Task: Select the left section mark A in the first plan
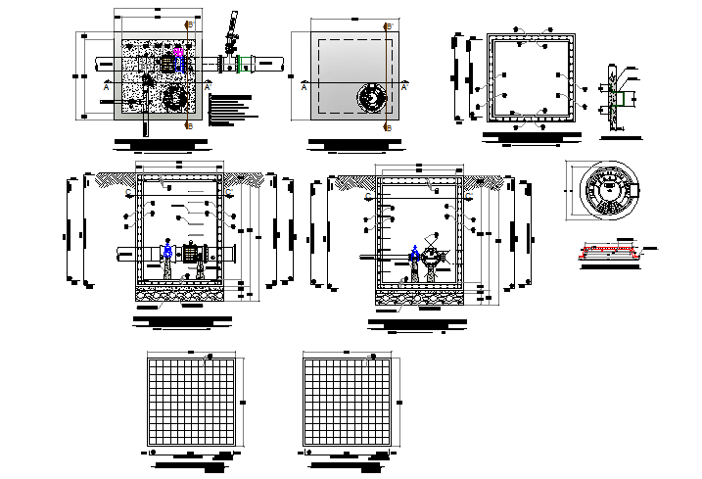click(106, 87)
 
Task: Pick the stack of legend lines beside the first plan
click(232, 109)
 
